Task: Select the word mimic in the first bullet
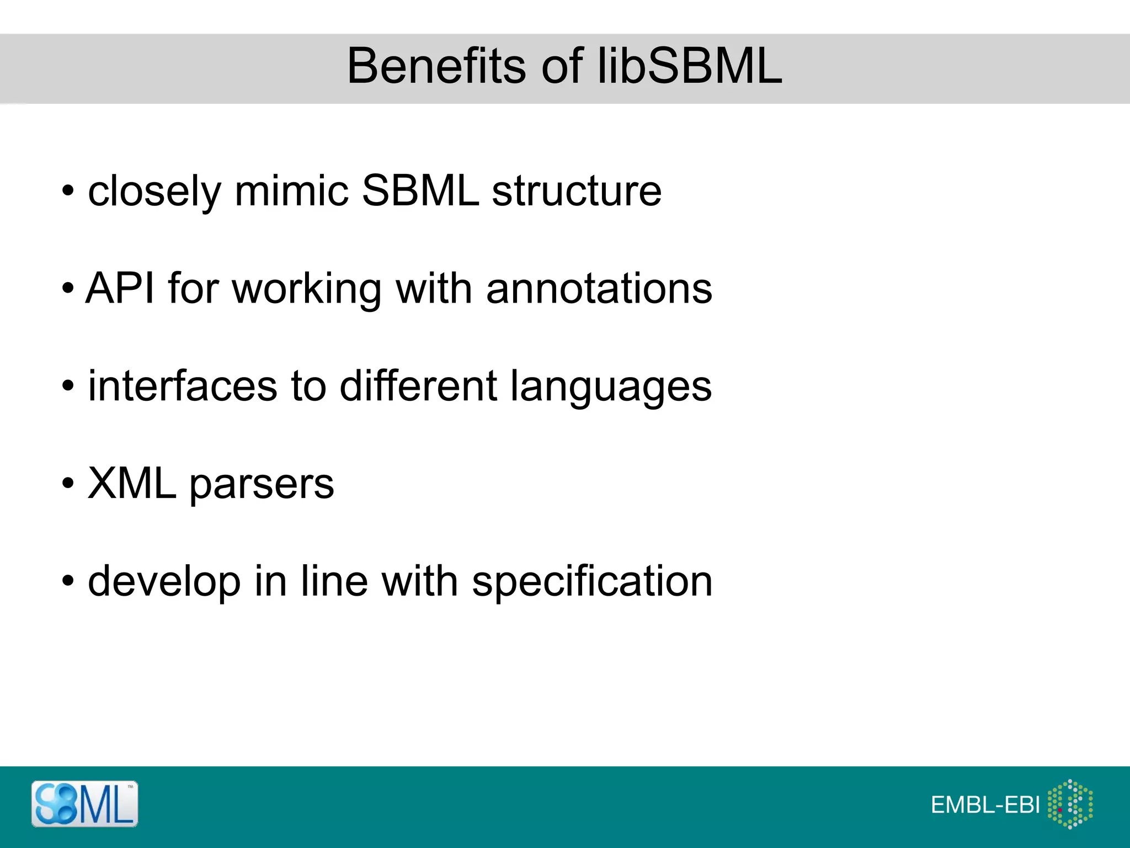click(291, 191)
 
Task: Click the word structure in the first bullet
click(577, 191)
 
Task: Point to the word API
click(120, 288)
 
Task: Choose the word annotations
click(599, 288)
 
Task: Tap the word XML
click(132, 484)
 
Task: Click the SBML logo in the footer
click(84, 804)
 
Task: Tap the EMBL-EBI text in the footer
click(985, 805)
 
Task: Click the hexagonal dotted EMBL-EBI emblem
click(1070, 804)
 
